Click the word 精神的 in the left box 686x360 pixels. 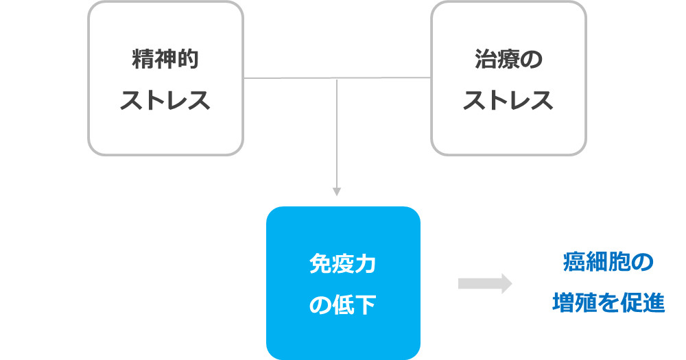(165, 60)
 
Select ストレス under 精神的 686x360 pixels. (165, 101)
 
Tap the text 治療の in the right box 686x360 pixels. (508, 60)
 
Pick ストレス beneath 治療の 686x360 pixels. (508, 101)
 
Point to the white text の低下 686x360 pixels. (343, 304)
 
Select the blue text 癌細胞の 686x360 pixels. (608, 262)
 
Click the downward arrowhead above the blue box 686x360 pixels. (336, 191)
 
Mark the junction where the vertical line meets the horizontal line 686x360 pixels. (336, 79)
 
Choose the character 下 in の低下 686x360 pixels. (366, 304)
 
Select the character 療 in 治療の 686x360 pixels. (508, 60)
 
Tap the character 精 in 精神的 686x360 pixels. (143, 60)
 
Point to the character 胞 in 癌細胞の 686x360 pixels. (620, 262)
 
